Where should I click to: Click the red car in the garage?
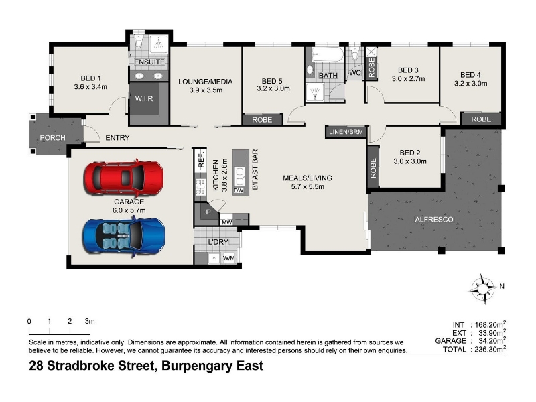pyautogui.click(x=124, y=178)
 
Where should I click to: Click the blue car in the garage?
pyautogui.click(x=124, y=237)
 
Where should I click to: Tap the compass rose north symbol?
pyautogui.click(x=482, y=289)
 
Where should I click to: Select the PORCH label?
pyautogui.click(x=52, y=138)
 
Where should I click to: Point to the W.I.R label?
pyautogui.click(x=144, y=98)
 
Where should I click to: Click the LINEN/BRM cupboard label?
pyautogui.click(x=346, y=132)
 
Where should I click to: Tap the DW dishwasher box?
pyautogui.click(x=239, y=190)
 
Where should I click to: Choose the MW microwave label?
pyautogui.click(x=226, y=222)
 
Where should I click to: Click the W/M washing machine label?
pyautogui.click(x=228, y=258)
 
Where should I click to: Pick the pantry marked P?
pyautogui.click(x=208, y=212)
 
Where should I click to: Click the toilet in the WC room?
pyautogui.click(x=355, y=54)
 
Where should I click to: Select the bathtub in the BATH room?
pyautogui.click(x=327, y=55)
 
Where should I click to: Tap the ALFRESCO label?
pyautogui.click(x=433, y=220)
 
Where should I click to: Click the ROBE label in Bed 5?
pyautogui.click(x=262, y=120)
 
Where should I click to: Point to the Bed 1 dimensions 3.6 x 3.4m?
pyautogui.click(x=90, y=87)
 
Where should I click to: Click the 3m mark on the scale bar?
pyautogui.click(x=90, y=321)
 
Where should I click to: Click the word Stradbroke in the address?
pyautogui.click(x=100, y=366)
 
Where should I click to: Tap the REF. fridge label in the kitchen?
pyautogui.click(x=200, y=159)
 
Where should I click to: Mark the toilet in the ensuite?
pyautogui.click(x=139, y=42)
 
